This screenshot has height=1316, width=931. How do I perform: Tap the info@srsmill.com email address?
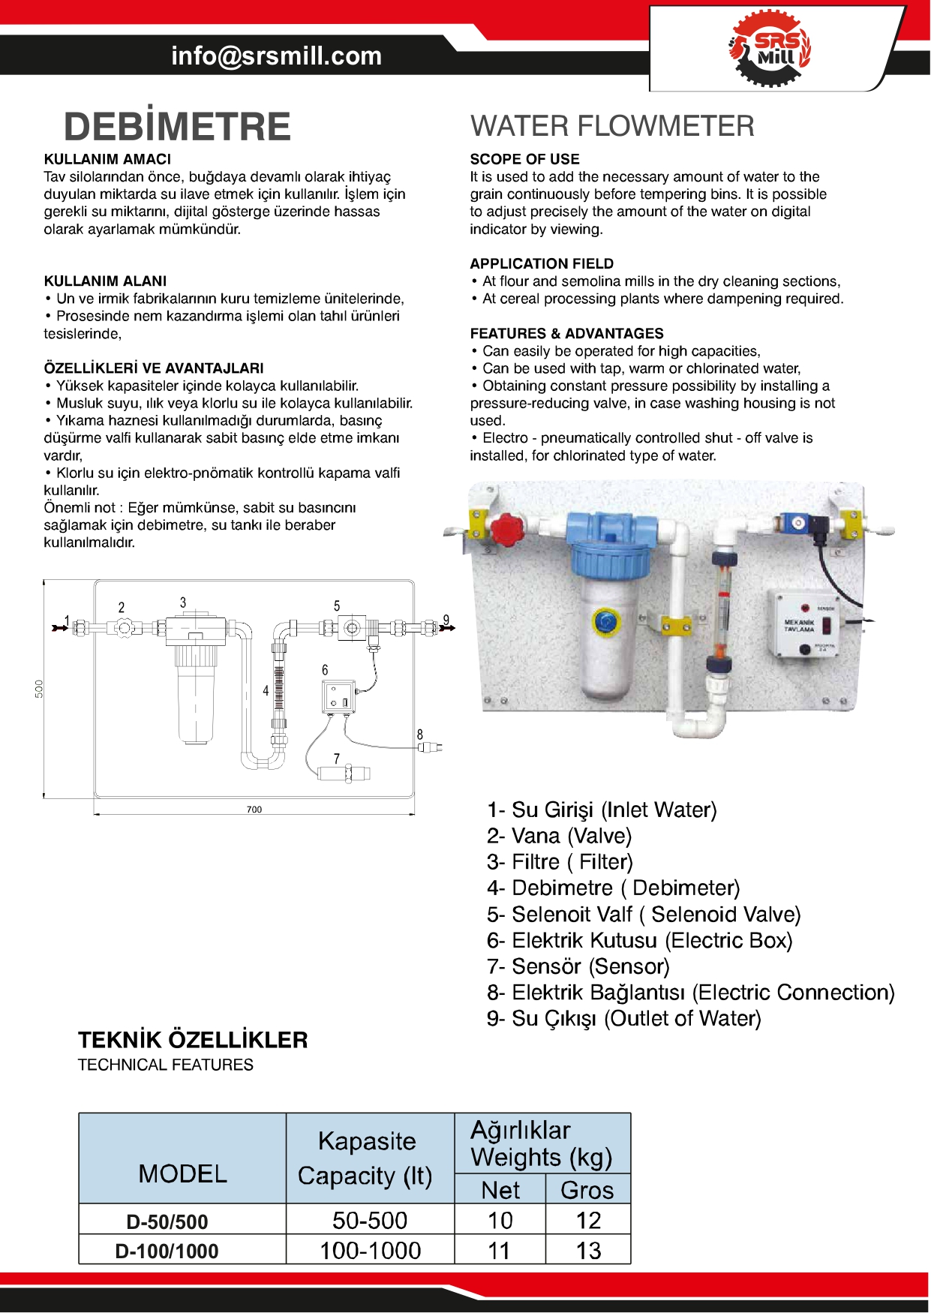(276, 56)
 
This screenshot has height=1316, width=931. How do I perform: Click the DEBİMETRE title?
(177, 126)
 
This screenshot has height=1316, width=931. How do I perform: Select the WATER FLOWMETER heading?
(612, 126)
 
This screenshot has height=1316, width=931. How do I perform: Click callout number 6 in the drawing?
(325, 670)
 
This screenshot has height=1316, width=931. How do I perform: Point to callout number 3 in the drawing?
(183, 602)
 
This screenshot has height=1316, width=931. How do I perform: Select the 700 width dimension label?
(254, 809)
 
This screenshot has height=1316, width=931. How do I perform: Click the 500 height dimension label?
(39, 688)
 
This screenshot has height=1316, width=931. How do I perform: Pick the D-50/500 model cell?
(167, 1221)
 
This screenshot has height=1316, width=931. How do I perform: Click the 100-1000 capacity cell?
(370, 1251)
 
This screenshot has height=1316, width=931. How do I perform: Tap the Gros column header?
(587, 1191)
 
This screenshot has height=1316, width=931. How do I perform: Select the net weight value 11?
(499, 1251)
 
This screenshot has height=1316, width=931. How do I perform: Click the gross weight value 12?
(588, 1221)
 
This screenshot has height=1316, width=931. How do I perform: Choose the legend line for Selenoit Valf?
(644, 915)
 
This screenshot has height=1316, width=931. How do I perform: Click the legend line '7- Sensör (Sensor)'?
(578, 966)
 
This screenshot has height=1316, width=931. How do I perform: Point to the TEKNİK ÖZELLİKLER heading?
(193, 1040)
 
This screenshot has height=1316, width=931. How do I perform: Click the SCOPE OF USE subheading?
(524, 159)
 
